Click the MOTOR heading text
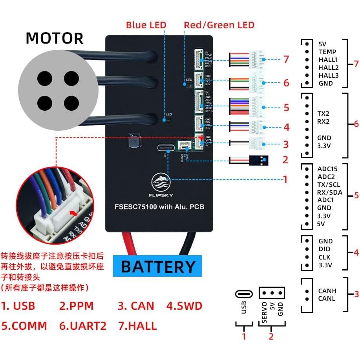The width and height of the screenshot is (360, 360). pyautogui.click(x=55, y=38)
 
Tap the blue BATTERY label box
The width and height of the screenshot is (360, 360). pyautogui.click(x=157, y=266)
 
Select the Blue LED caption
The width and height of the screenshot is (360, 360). pyautogui.click(x=146, y=25)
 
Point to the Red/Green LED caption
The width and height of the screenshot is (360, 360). pyautogui.click(x=219, y=25)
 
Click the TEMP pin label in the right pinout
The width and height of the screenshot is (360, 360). pyautogui.click(x=327, y=52)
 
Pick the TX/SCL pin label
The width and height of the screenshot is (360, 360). pyautogui.click(x=329, y=184)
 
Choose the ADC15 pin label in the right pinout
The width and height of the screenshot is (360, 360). pyautogui.click(x=327, y=169)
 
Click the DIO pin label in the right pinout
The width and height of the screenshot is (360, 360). pyautogui.click(x=324, y=249)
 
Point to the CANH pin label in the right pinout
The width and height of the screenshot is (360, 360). pyautogui.click(x=327, y=291)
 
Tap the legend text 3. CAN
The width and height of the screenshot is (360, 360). pyautogui.click(x=136, y=306)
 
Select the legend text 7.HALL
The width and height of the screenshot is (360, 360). pyautogui.click(x=137, y=325)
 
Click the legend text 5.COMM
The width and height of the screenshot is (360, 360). pyautogui.click(x=24, y=325)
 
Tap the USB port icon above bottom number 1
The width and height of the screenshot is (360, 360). pyautogui.click(x=244, y=294)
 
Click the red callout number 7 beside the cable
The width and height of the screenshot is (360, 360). pyautogui.click(x=286, y=59)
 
